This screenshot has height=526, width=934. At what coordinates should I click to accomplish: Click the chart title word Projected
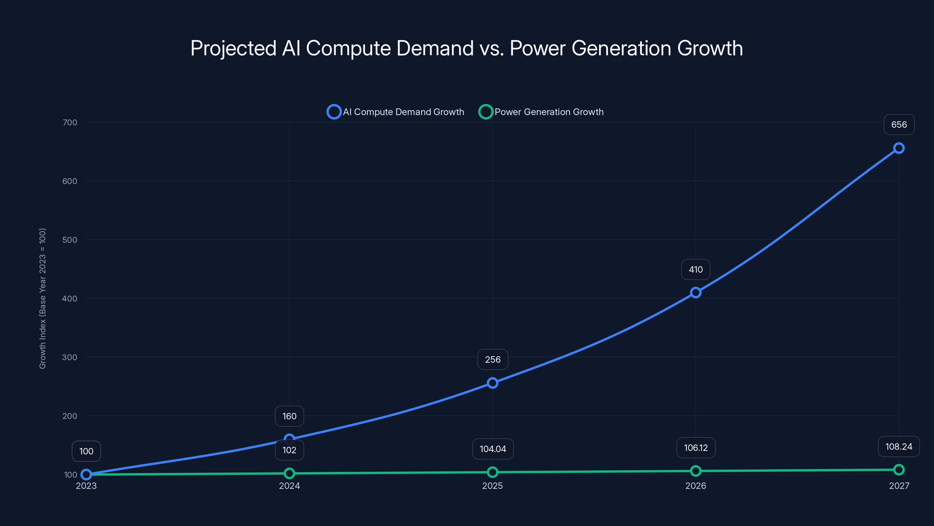click(x=233, y=48)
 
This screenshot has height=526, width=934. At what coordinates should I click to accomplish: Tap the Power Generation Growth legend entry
click(x=541, y=112)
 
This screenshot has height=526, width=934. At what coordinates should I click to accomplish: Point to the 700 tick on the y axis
click(x=70, y=123)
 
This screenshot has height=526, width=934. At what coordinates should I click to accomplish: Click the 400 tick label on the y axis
click(x=70, y=299)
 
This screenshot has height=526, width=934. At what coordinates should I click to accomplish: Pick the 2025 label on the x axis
click(x=492, y=486)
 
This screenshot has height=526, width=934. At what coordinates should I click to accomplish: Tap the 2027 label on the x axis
click(x=899, y=486)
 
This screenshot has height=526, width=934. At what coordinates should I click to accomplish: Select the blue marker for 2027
click(x=899, y=148)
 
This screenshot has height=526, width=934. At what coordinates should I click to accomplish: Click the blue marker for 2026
click(x=696, y=293)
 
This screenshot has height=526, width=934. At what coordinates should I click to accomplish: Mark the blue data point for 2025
click(x=492, y=383)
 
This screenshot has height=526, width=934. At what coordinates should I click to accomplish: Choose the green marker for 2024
click(x=289, y=473)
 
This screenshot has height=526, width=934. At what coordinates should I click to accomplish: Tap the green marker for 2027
click(x=899, y=470)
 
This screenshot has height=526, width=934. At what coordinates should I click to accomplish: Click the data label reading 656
click(x=899, y=124)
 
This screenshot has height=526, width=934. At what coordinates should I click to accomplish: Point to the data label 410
click(x=696, y=269)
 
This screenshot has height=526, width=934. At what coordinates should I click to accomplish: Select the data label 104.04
click(x=493, y=449)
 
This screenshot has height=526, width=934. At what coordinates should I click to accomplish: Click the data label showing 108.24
click(x=899, y=447)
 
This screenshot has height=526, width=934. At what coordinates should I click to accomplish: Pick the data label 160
click(x=289, y=416)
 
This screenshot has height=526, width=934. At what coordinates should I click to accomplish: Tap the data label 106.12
click(x=696, y=448)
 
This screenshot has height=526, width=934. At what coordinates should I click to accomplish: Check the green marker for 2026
click(x=696, y=471)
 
